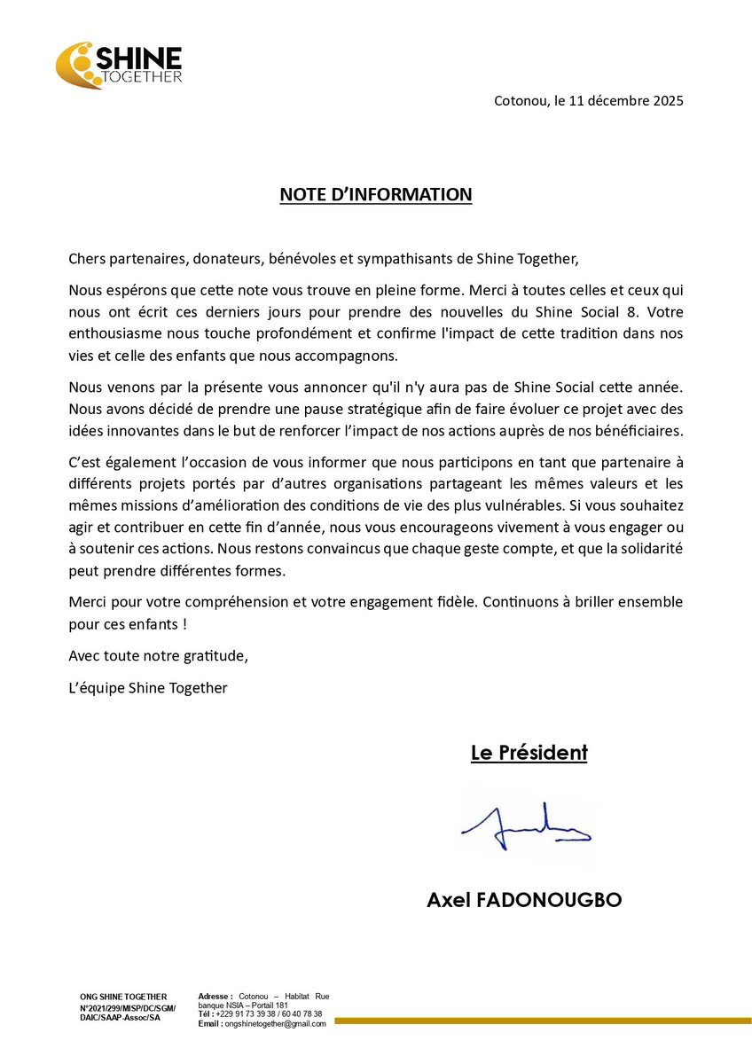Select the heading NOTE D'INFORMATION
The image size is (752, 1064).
tap(376, 194)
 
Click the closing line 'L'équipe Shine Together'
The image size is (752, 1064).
tap(147, 687)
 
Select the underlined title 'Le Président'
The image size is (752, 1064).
tap(529, 754)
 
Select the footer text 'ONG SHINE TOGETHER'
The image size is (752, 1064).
tap(122, 997)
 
